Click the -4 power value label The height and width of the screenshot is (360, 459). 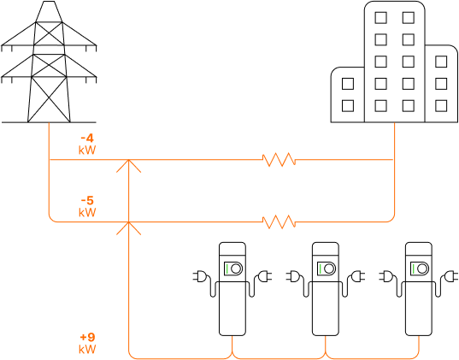(x=87, y=138)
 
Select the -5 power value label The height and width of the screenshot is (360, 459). (x=87, y=201)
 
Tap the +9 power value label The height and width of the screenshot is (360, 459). (x=87, y=337)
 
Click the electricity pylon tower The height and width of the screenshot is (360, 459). (x=49, y=62)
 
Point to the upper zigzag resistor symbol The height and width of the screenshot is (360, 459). (x=279, y=160)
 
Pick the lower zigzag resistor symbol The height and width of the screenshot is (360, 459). (x=279, y=221)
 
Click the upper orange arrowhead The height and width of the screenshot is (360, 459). (x=128, y=166)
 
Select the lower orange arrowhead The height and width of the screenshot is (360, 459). (x=128, y=228)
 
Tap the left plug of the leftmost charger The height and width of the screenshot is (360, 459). (x=200, y=276)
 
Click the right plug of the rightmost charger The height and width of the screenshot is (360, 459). (x=450, y=276)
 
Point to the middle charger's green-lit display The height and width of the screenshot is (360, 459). (x=327, y=269)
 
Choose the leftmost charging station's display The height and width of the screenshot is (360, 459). (x=233, y=269)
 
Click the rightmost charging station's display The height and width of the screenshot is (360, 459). (x=419, y=269)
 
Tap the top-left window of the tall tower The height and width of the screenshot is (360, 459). (x=380, y=18)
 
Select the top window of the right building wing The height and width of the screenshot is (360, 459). (x=441, y=62)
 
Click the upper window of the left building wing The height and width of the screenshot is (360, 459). (x=348, y=84)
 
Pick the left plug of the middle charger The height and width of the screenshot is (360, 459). (x=293, y=276)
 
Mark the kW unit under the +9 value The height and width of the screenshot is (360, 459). (x=87, y=349)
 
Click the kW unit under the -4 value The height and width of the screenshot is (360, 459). (x=87, y=150)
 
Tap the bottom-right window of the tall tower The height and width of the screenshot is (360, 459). (x=408, y=106)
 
